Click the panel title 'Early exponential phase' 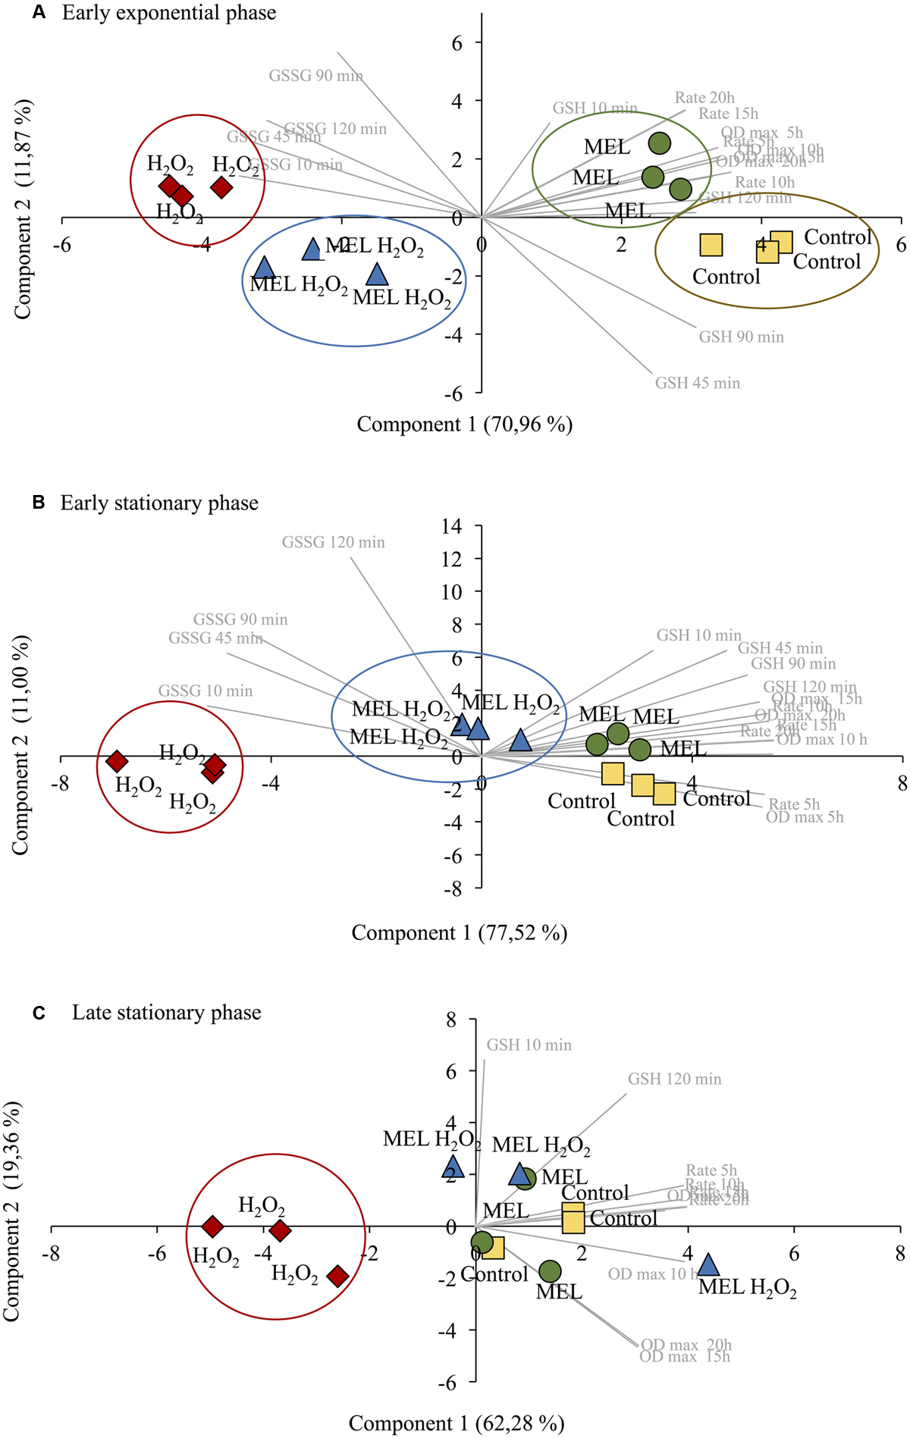169,13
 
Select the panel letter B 39,503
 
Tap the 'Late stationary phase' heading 166,1013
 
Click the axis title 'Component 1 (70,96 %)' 464,425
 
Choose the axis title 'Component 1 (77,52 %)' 459,932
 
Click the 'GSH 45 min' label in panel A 697,383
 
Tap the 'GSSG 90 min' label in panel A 315,76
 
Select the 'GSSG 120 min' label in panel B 333,542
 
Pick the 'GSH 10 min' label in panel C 529,1045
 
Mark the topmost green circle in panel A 660,143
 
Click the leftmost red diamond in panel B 117,760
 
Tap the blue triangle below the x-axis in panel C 708,1264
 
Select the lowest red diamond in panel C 337,1276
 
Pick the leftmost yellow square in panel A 711,245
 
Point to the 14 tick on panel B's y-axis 452,526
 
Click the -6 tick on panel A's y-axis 454,393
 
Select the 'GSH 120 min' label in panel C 674,1079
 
